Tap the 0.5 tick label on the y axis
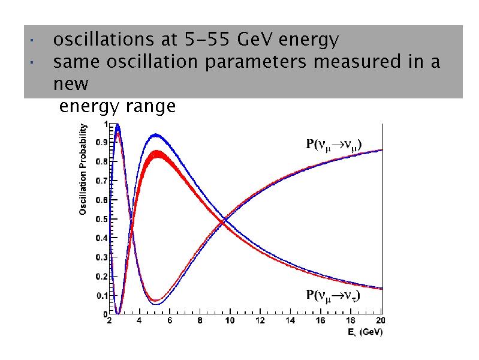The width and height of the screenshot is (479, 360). (102, 219)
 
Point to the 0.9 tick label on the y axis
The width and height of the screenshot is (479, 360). (102, 143)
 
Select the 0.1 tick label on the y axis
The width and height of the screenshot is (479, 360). (102, 295)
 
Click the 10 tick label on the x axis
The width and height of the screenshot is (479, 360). (230, 321)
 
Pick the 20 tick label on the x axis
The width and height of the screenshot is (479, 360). (379, 321)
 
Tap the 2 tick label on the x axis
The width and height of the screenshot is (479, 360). (109, 321)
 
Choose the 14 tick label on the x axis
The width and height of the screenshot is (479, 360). (290, 321)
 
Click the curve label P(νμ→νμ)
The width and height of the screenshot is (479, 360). (334, 144)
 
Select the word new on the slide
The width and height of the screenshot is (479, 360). (71, 83)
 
